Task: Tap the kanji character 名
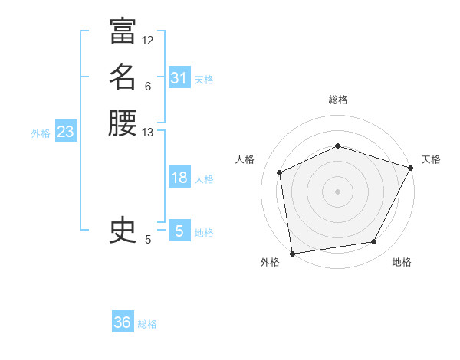[123, 77]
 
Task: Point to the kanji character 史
[123, 230]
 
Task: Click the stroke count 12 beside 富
[148, 40]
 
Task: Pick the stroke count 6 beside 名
[148, 86]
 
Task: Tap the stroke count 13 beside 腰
[148, 132]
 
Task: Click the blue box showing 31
[179, 78]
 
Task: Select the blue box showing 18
[179, 178]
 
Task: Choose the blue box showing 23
[65, 132]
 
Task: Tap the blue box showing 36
[122, 322]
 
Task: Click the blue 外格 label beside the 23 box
[41, 133]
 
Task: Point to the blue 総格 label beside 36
[147, 324]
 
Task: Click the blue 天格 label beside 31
[204, 79]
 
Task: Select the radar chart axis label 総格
[337, 100]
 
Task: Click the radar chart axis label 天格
[431, 159]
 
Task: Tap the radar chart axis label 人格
[245, 159]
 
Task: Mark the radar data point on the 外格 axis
[291, 253]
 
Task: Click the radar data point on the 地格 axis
[374, 242]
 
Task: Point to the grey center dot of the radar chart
[337, 191]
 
